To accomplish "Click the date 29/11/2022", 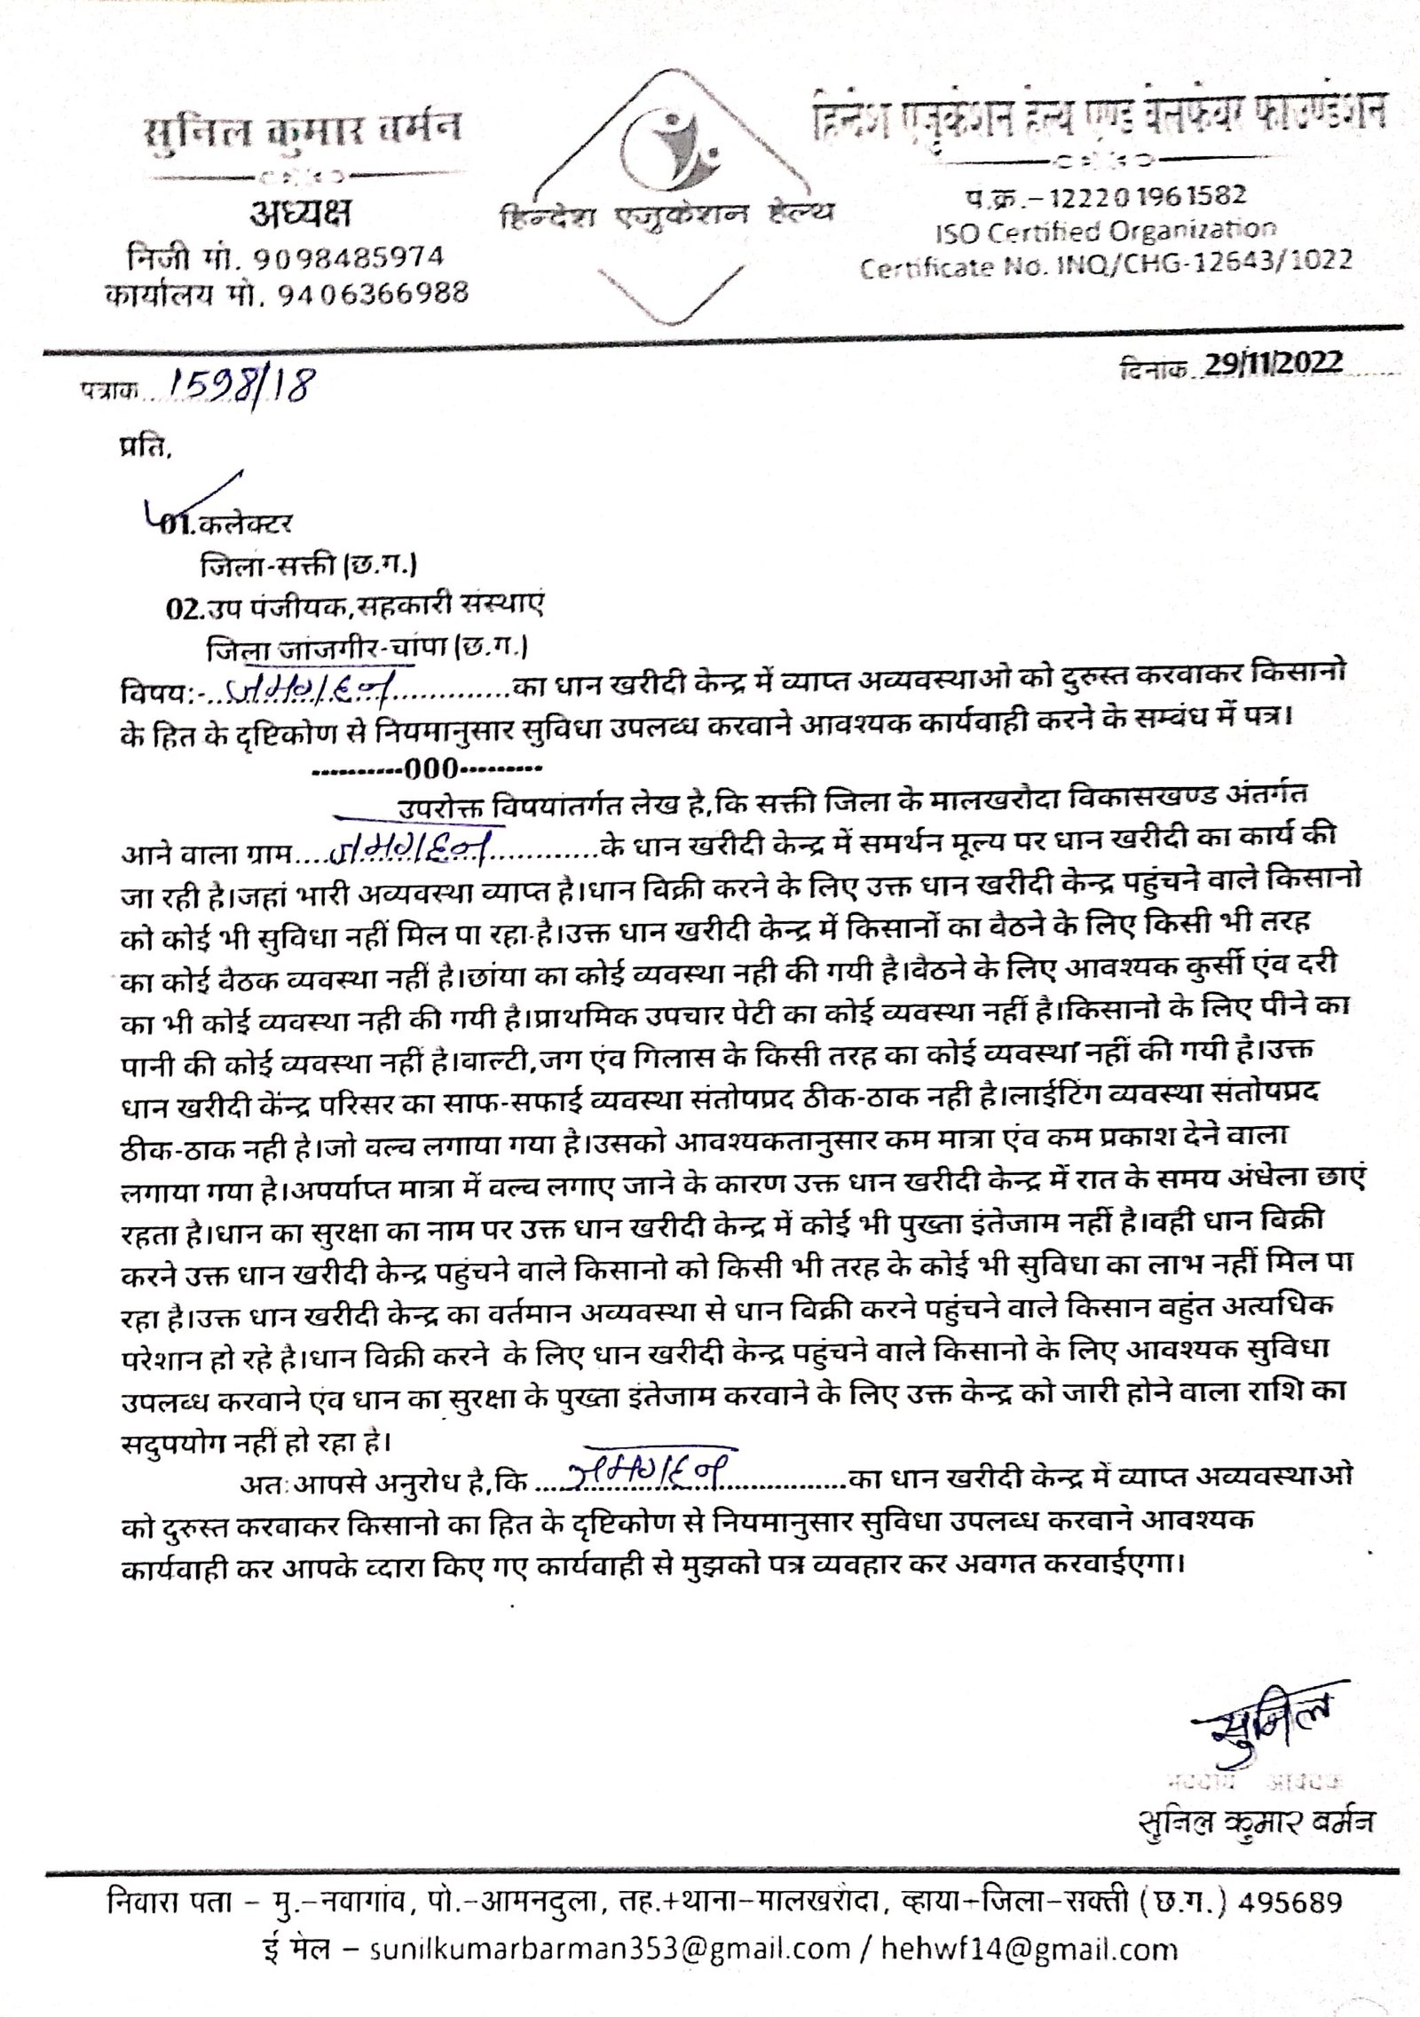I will tap(1273, 364).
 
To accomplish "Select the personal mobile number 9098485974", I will tap(349, 258).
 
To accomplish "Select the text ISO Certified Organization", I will tap(1105, 232).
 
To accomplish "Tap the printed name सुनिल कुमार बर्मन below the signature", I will tap(1256, 1820).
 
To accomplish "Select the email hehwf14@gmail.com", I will tap(1029, 1950).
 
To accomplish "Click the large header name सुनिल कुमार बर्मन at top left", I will tap(303, 132).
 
